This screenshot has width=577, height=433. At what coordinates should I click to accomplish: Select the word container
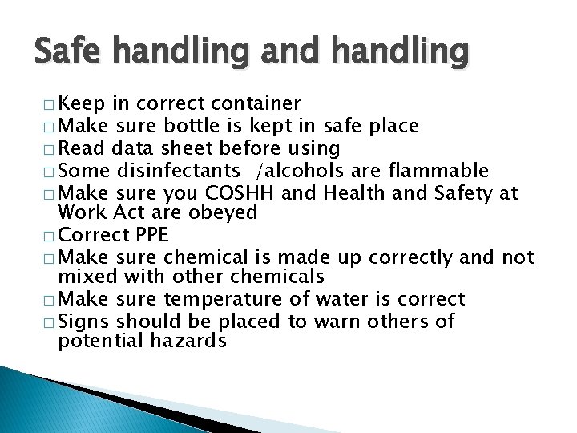tap(255, 103)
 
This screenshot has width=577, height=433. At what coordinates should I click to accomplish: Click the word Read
tap(83, 148)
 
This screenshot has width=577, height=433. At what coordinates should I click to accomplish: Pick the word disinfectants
tap(178, 171)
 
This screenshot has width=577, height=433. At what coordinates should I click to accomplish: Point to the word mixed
tap(87, 277)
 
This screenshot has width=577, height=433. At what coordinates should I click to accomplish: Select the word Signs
tap(85, 322)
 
